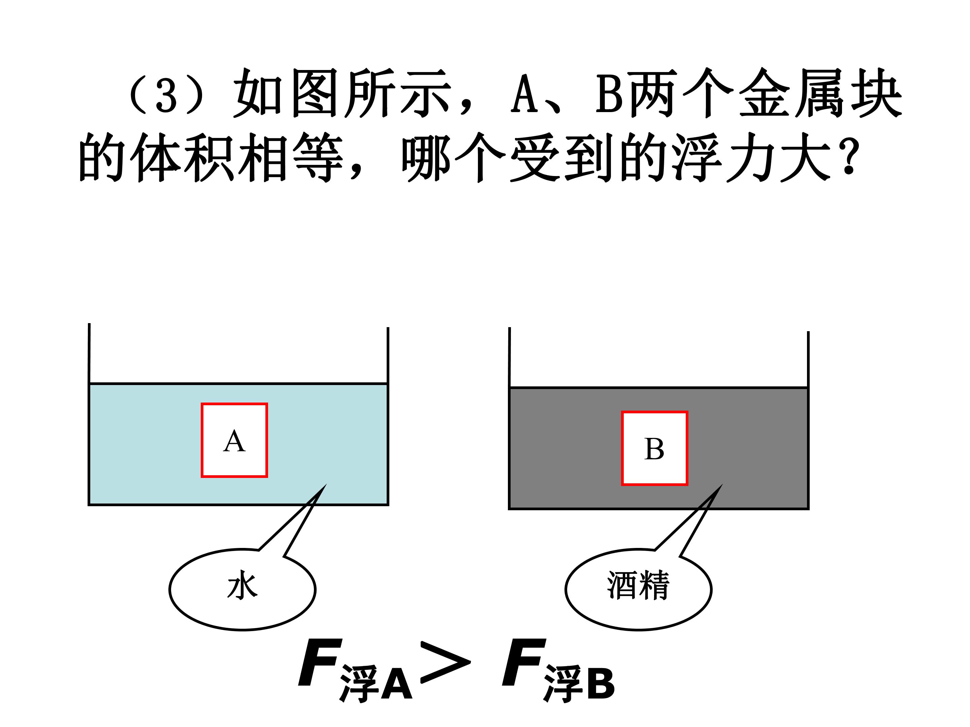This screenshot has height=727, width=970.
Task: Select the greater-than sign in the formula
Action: [446, 662]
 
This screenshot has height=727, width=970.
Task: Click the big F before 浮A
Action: [320, 662]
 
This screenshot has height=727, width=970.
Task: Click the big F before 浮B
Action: [524, 662]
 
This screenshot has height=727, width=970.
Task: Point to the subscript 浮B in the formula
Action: [579, 684]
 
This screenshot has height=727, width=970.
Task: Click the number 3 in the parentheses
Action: [166, 96]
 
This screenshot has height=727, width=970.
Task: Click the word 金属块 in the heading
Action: [820, 93]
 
